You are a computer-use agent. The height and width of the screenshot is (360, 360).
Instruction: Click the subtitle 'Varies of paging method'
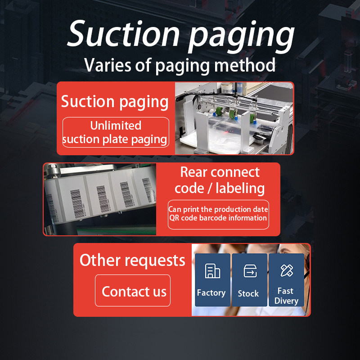click(x=180, y=66)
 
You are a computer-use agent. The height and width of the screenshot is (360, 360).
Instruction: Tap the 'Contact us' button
click(x=133, y=291)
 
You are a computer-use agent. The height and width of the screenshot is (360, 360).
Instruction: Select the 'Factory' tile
click(x=211, y=279)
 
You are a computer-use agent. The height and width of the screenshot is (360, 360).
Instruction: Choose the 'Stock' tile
click(x=248, y=279)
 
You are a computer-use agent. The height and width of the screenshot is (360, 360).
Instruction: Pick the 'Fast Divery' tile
click(x=286, y=279)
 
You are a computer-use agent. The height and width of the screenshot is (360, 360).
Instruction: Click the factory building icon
click(x=212, y=271)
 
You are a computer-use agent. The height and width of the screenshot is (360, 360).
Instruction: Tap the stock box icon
click(x=249, y=271)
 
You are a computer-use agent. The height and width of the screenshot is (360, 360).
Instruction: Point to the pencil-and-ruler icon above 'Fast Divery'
click(x=286, y=270)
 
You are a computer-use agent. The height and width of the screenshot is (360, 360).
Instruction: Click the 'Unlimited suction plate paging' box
click(x=116, y=132)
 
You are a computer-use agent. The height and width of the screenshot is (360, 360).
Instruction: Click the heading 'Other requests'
click(x=132, y=260)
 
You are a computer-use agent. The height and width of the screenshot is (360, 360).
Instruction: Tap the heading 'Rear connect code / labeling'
click(x=220, y=180)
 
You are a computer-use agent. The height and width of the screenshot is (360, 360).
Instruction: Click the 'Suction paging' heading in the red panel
click(x=115, y=101)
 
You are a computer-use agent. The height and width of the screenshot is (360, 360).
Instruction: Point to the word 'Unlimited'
click(x=116, y=126)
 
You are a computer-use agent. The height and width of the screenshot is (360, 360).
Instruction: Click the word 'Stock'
click(x=248, y=293)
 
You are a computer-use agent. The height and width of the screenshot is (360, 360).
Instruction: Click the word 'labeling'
click(x=240, y=188)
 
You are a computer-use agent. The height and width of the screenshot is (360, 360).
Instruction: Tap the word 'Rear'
click(x=194, y=172)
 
